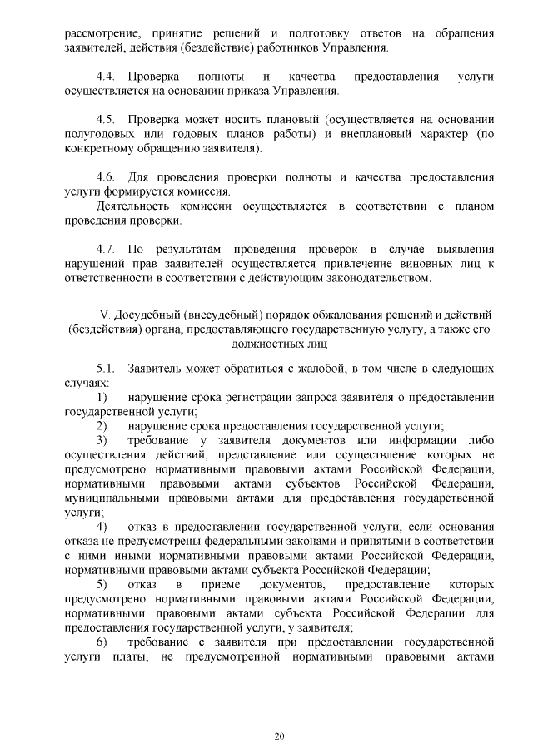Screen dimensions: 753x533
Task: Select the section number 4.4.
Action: coord(107,77)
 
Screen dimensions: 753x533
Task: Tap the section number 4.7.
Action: coord(107,249)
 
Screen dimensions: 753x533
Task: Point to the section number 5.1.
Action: coord(107,367)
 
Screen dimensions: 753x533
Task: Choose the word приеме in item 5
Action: coord(219,585)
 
